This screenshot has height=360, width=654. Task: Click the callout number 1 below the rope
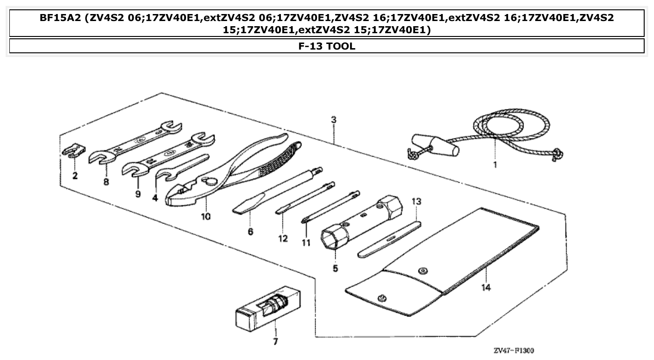[495, 165]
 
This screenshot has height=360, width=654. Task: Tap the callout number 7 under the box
[275, 341]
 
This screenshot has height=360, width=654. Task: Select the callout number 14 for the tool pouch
[486, 288]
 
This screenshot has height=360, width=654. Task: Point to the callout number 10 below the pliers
[206, 216]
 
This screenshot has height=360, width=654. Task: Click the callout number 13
[416, 202]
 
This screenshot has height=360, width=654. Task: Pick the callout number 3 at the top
[333, 120]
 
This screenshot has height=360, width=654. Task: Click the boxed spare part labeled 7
[268, 310]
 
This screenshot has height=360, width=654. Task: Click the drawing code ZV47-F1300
[513, 350]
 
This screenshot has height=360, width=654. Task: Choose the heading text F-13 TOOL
[327, 46]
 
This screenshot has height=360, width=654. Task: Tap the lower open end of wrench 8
[100, 158]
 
